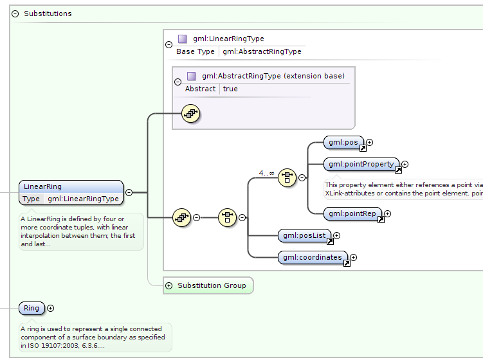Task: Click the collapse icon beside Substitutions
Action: pyautogui.click(x=15, y=14)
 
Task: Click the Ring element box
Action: pyautogui.click(x=32, y=308)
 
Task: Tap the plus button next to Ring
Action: pyautogui.click(x=51, y=309)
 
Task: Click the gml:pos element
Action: pyautogui.click(x=344, y=142)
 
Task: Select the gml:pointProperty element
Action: pyautogui.click(x=361, y=165)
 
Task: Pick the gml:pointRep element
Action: pyautogui.click(x=352, y=213)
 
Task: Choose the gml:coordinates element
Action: pyautogui.click(x=313, y=257)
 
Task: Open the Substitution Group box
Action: pyautogui.click(x=208, y=285)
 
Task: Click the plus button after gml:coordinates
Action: pyautogui.click(x=353, y=257)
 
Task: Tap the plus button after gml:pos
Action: pyautogui.click(x=370, y=142)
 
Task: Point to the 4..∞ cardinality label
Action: pyautogui.click(x=266, y=173)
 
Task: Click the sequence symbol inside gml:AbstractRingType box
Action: pyautogui.click(x=191, y=114)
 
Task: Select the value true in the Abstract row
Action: pyautogui.click(x=230, y=89)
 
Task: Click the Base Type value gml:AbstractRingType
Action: pyautogui.click(x=262, y=51)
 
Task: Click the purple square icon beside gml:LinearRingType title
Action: pyautogui.click(x=183, y=39)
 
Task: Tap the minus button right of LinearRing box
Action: pyautogui.click(x=129, y=192)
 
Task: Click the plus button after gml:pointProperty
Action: pyautogui.click(x=405, y=165)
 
